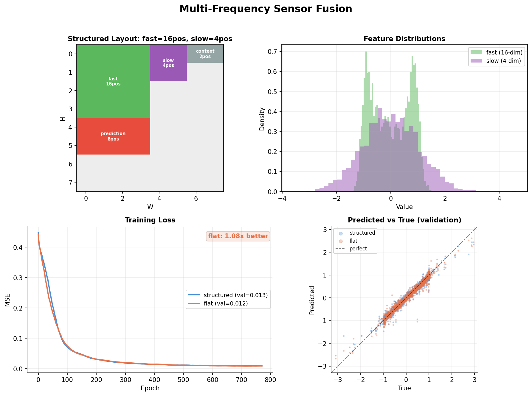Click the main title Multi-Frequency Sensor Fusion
coord(266,9)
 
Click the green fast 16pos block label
coord(113,81)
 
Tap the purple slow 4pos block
coord(168,63)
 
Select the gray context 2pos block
coord(205,54)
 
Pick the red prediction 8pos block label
coord(113,136)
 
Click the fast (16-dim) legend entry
coord(504,52)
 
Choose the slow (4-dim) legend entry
coord(503,61)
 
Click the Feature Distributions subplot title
coord(404,39)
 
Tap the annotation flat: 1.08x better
coord(238,236)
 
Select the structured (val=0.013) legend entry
coord(235,295)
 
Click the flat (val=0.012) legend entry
coord(226,303)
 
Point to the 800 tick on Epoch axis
coord(270,380)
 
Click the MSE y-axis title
coord(7,300)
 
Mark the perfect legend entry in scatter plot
coord(358,249)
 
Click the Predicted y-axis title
coord(312,300)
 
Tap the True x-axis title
coord(404,388)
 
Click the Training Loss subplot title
coord(150,220)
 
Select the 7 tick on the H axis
coord(71,183)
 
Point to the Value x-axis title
coord(404,207)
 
